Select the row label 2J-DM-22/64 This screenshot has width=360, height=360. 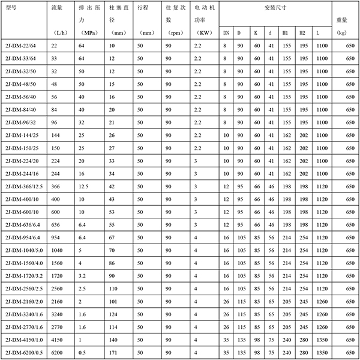(x=20, y=46)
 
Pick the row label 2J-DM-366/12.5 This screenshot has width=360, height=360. (x=23, y=187)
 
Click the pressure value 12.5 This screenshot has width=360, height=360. (x=84, y=187)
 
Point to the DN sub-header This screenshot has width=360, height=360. (x=225, y=32)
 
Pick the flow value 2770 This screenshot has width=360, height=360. (x=59, y=328)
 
